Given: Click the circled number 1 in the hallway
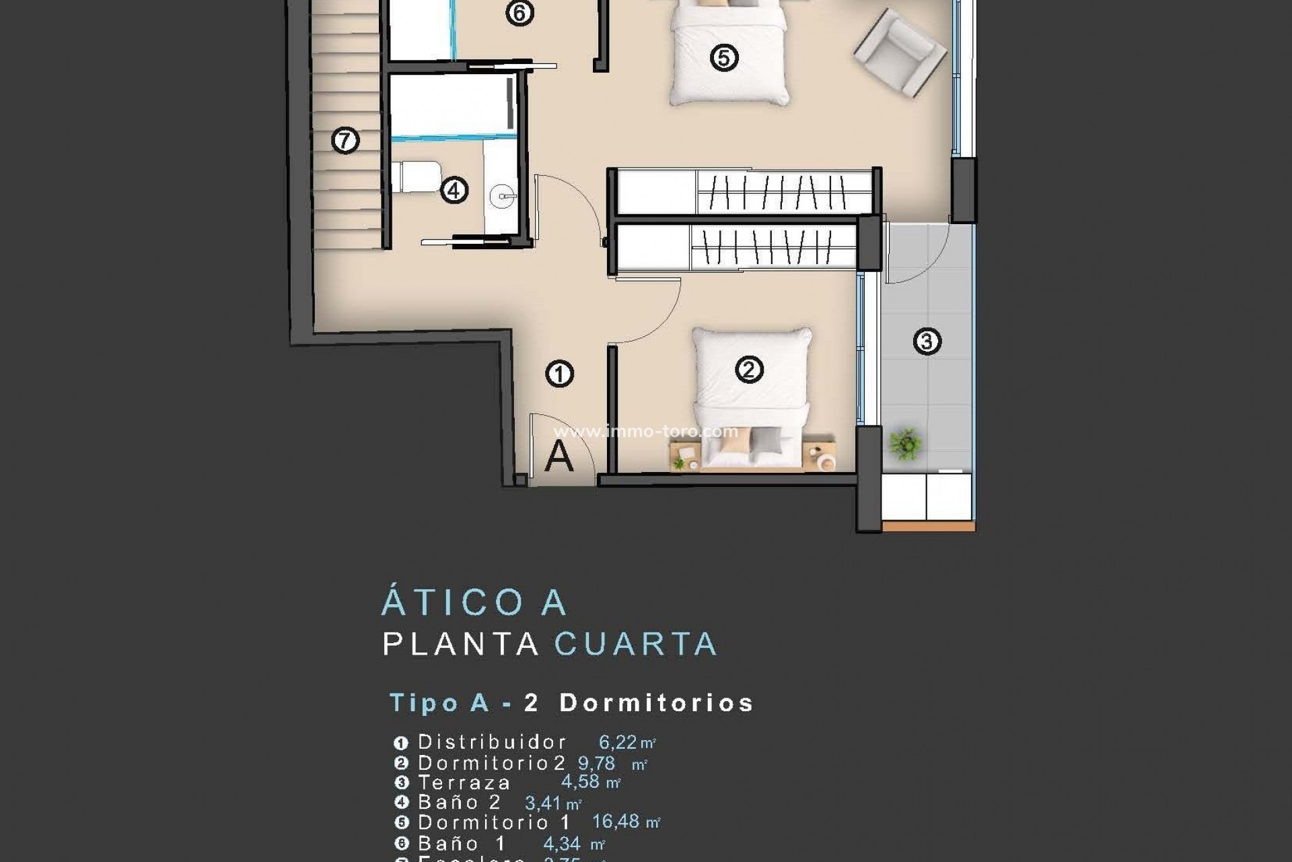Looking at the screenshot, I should [x=559, y=374].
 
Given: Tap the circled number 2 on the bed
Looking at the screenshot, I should [x=749, y=369].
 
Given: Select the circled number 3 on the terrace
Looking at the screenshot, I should [x=927, y=341].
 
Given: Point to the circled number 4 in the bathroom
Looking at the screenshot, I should [x=454, y=191].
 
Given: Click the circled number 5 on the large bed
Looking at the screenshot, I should [x=724, y=57].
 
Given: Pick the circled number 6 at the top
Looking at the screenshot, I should [x=519, y=13].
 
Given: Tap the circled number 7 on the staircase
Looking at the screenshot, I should [x=345, y=141].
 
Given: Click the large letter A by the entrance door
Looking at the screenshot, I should [x=559, y=457].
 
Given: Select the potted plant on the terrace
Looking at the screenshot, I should [x=905, y=444].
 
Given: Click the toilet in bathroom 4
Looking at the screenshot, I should [x=417, y=177].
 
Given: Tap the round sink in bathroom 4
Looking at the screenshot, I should [x=503, y=197].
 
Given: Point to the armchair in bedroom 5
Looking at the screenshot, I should [x=900, y=52].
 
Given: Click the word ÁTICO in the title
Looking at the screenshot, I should [x=453, y=602].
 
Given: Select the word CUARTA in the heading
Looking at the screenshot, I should [x=636, y=644].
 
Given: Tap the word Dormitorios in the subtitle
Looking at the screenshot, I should [x=656, y=703].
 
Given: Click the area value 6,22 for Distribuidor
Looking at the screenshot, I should [x=618, y=742].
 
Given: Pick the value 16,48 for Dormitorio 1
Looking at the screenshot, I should [x=616, y=822].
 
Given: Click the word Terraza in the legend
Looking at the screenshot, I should [x=464, y=783].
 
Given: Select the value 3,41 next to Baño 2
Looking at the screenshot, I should [x=543, y=803].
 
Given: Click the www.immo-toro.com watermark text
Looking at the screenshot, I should [x=646, y=431].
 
